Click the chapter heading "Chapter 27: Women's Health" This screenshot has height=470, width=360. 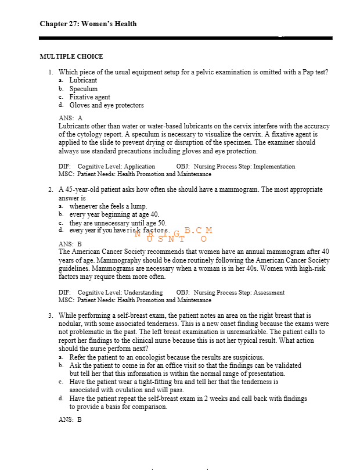pos(88,24)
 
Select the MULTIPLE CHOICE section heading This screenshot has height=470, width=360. pos(71,56)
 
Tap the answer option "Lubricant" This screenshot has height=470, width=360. pos(83,80)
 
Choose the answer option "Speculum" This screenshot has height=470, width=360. pos(84,89)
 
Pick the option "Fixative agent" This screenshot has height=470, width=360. pos(89,97)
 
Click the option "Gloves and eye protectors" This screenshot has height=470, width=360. pos(106,105)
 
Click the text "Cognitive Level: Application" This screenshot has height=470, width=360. pos(116,166)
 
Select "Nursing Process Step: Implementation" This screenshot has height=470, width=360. pos(244,166)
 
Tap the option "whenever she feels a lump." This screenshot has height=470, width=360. pos(108,206)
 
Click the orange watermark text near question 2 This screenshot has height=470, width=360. pos(174,234)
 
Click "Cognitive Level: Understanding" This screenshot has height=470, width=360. pos(120,292)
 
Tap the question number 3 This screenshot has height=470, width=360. pos(51,314)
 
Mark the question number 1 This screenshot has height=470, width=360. pos(51,72)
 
